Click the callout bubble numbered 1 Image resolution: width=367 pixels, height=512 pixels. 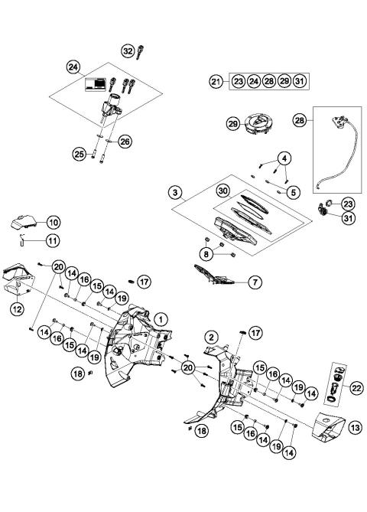(161, 318)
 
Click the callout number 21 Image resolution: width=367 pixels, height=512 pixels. (216, 80)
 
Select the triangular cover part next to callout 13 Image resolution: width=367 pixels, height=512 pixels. (327, 429)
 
